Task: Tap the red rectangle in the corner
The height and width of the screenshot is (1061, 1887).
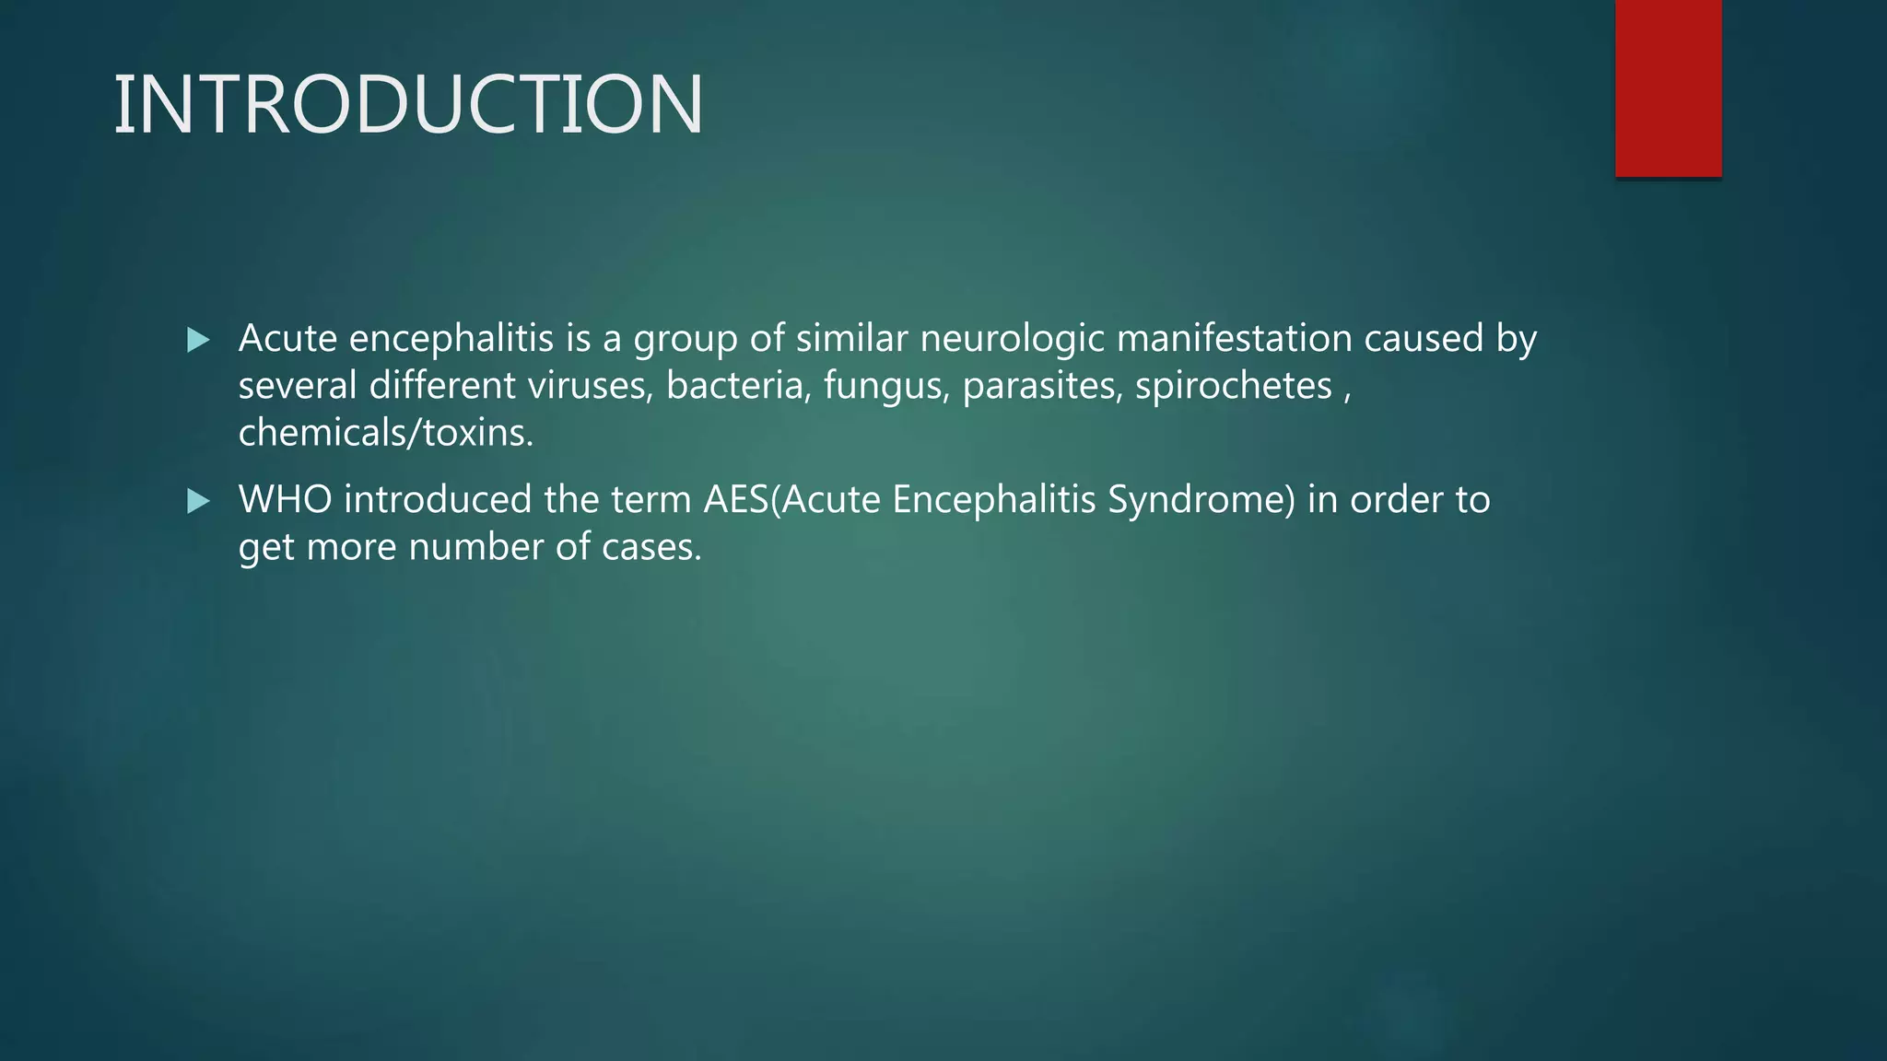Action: click(1668, 88)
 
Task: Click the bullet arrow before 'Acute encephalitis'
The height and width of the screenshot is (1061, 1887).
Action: click(198, 341)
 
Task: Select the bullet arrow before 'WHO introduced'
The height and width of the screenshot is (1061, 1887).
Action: click(198, 501)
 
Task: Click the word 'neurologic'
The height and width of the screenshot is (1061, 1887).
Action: click(1012, 339)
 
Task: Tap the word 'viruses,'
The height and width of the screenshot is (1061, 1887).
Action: click(590, 386)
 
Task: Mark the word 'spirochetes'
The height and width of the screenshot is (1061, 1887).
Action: click(1234, 386)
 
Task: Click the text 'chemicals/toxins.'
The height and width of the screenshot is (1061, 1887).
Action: click(386, 433)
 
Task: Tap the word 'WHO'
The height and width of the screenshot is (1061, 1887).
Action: click(285, 500)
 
